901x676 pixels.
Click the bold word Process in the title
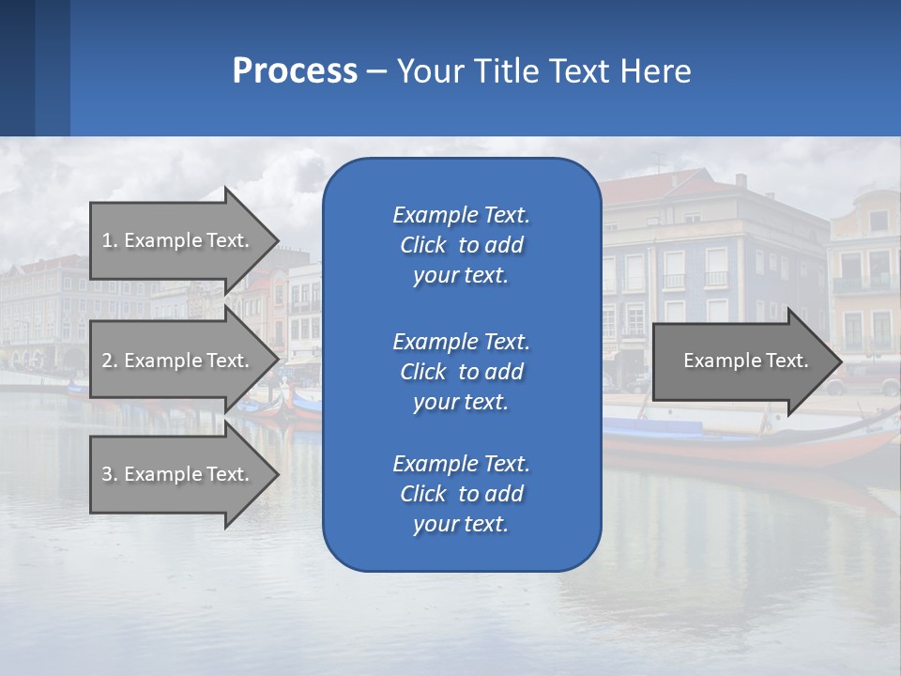click(295, 71)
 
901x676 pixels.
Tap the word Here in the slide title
click(655, 71)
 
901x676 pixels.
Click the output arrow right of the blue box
click(741, 361)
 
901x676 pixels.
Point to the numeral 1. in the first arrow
click(109, 240)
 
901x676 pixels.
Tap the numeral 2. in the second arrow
click(109, 361)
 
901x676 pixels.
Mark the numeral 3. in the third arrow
click(109, 474)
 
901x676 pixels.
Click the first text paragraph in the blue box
click(461, 245)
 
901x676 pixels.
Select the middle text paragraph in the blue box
click(461, 371)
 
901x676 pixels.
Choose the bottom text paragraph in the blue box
click(461, 494)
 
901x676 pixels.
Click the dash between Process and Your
click(376, 71)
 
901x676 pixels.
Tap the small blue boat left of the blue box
click(306, 405)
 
